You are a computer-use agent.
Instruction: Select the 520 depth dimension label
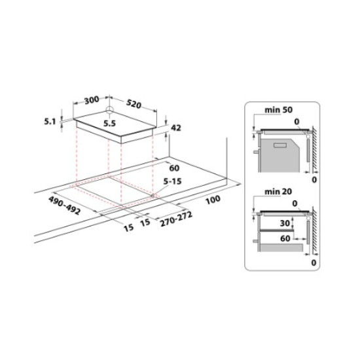[x=135, y=104]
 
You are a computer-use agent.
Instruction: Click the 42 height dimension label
[x=175, y=128]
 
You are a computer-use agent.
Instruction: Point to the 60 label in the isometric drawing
[x=175, y=167]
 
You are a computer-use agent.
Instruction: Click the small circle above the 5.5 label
[x=111, y=109]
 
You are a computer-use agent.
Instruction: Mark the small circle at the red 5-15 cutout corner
[x=152, y=194]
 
